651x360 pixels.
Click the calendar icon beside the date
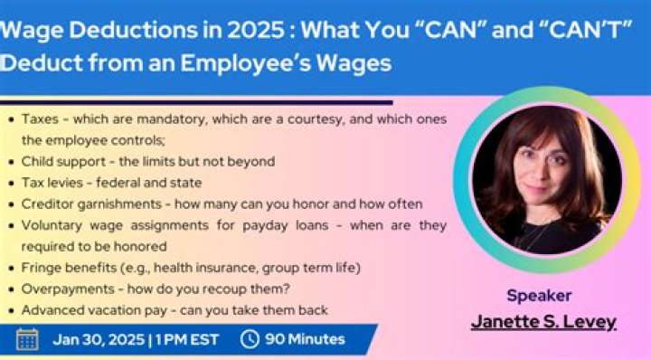coord(27,339)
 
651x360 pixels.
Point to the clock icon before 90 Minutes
coord(250,339)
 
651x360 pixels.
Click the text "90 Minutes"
coord(305,339)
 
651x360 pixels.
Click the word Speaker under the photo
coord(539,295)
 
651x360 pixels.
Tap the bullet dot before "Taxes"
coord(10,118)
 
